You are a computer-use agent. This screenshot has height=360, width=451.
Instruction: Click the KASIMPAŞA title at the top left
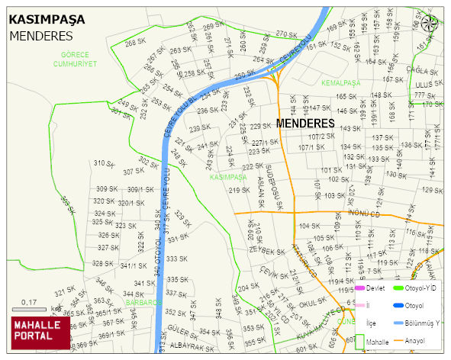pos(47,18)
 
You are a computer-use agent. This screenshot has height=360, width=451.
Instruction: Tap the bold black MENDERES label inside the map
pos(305,123)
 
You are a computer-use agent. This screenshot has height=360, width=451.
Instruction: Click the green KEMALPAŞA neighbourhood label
pos(340,82)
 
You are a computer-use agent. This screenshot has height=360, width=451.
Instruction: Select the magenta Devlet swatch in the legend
pos(361,288)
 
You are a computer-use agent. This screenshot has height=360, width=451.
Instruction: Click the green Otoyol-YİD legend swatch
pos(397,288)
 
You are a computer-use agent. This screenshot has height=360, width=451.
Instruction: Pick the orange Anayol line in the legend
pos(397,339)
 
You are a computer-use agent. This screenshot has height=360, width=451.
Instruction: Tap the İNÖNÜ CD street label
pos(363,213)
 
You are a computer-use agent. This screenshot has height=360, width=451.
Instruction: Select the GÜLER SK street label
pos(182,329)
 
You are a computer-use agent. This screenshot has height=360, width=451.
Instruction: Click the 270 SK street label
pos(285,34)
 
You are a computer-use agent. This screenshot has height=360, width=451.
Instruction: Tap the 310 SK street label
pos(104,163)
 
